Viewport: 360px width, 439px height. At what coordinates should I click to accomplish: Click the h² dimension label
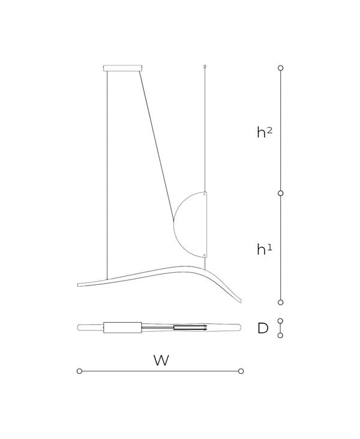click(265, 132)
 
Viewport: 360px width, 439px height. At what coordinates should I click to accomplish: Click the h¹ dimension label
click(265, 249)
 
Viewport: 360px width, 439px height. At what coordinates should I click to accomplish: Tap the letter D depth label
click(263, 328)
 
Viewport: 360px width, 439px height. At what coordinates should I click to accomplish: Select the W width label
click(161, 360)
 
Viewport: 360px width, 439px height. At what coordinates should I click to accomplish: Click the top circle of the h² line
click(280, 68)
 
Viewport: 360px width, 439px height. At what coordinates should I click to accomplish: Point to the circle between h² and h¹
click(280, 193)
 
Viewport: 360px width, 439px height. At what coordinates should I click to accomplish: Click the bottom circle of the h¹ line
click(280, 302)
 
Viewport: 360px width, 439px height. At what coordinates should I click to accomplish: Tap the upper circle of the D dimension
click(280, 321)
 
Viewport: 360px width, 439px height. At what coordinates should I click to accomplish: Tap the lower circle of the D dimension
click(280, 335)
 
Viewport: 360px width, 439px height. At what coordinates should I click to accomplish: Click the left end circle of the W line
click(80, 371)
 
